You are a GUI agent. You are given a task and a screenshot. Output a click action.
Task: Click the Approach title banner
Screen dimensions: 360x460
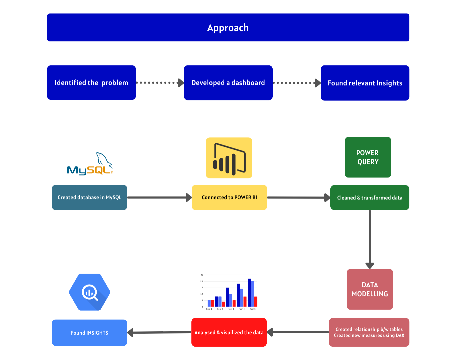(228, 27)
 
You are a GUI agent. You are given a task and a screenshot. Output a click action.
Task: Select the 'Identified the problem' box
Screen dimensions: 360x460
(91, 82)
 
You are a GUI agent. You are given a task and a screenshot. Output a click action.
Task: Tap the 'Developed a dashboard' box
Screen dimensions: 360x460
(228, 82)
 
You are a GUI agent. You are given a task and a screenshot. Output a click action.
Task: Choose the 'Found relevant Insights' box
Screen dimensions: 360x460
(365, 83)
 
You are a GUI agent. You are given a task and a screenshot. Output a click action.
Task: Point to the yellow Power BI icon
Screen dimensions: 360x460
(229, 158)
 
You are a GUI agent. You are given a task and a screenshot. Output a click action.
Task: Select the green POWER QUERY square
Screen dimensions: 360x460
(368, 157)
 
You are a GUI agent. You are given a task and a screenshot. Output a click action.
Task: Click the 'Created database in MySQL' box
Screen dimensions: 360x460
(89, 198)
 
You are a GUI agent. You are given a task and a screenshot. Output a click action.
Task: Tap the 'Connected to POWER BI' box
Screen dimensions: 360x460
(229, 198)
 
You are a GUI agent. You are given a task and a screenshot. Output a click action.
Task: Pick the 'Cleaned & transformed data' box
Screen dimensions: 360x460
(369, 198)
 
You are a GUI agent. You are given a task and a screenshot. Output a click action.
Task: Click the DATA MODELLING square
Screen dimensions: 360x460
(370, 289)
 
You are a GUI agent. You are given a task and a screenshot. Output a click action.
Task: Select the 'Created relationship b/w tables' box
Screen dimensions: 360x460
(369, 332)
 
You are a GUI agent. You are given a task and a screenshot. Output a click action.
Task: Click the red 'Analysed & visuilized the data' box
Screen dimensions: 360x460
(229, 332)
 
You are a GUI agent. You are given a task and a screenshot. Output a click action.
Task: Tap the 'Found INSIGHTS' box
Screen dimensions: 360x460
(89, 333)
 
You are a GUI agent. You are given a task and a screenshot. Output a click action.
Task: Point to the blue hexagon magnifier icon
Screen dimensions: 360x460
(90, 292)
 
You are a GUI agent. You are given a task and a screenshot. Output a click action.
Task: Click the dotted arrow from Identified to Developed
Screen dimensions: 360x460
(160, 82)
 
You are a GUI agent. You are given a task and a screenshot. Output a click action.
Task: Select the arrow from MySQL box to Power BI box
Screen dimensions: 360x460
(159, 198)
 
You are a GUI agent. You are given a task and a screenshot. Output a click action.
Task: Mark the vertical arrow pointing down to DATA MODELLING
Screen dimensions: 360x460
(370, 239)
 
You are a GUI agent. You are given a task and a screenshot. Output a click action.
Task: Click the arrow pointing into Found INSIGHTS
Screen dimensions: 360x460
(159, 332)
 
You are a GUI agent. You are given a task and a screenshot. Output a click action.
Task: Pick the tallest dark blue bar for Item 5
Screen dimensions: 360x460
(249, 293)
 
